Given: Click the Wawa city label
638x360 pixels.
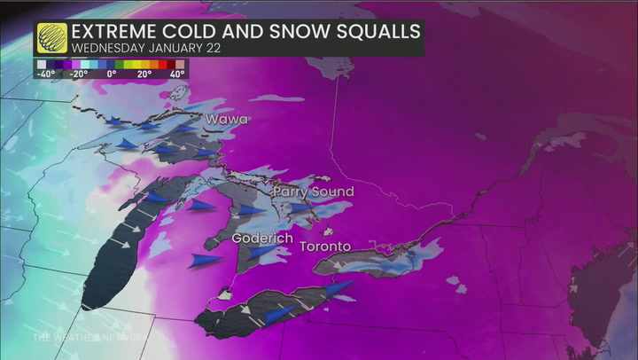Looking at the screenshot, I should (x=227, y=119).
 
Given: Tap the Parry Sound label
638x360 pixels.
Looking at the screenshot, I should (x=313, y=192).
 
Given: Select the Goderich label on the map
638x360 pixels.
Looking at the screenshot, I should (x=261, y=239).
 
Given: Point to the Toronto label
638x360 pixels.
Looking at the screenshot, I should (x=325, y=246).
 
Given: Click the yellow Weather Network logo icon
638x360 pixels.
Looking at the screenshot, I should (x=52, y=37).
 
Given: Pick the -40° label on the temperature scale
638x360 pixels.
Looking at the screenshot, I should (x=44, y=75).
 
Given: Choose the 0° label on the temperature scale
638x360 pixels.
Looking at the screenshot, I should (x=112, y=75).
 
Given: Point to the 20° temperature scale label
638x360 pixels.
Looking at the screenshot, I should (x=144, y=75).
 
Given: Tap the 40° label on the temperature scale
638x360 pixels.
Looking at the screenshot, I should (x=176, y=75).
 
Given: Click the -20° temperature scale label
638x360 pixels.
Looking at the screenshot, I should (x=79, y=75).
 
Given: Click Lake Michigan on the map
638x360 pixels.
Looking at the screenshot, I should (x=111, y=262).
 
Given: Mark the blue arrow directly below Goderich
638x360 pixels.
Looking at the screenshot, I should (x=261, y=253).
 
